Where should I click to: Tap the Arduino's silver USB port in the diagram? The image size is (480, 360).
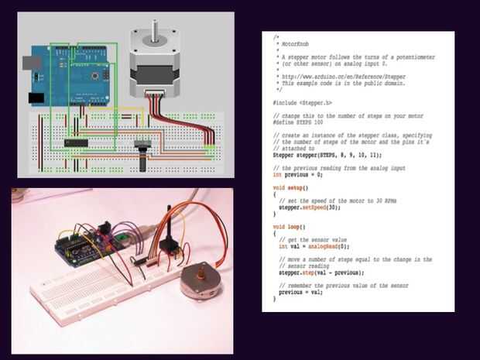(33, 60)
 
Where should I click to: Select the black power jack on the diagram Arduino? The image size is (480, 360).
(36, 98)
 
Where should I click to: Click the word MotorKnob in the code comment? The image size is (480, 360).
(294, 46)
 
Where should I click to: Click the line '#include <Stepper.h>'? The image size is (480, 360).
(303, 102)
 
